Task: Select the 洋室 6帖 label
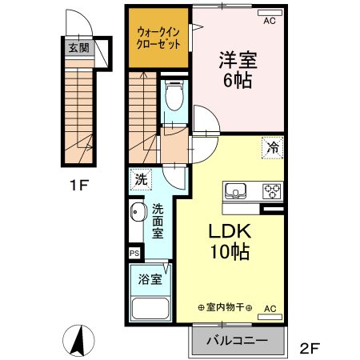[x=237, y=70]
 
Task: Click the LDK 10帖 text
[x=230, y=242]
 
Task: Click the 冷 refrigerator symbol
[x=272, y=147]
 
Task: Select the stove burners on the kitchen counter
[x=272, y=190]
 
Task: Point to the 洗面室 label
[x=158, y=220]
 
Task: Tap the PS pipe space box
[x=134, y=253]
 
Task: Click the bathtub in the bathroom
[x=150, y=308]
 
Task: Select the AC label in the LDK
[x=270, y=308]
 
